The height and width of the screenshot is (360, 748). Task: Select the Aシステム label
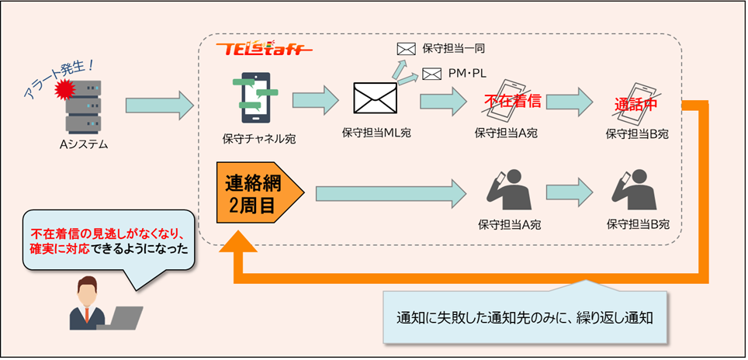pos(84,144)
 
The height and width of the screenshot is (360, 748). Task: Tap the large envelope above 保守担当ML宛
pos(376,99)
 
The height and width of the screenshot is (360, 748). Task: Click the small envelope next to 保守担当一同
pos(406,48)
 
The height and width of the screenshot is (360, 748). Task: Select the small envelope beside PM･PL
pos(431,74)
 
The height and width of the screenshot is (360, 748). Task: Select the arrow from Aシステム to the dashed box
pos(158,104)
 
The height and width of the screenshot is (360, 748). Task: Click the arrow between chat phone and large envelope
pos(316,100)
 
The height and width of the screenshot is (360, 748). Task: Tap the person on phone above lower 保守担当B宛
pos(635,191)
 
